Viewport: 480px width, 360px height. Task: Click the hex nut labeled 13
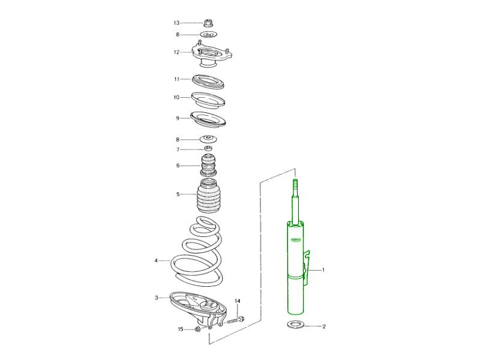[208, 23]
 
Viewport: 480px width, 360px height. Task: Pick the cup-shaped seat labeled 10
[208, 100]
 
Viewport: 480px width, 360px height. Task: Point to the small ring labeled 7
[208, 149]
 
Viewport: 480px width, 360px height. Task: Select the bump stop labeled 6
[208, 166]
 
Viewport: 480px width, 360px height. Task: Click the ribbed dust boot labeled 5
[208, 197]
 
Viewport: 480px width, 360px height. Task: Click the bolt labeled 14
[235, 320]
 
